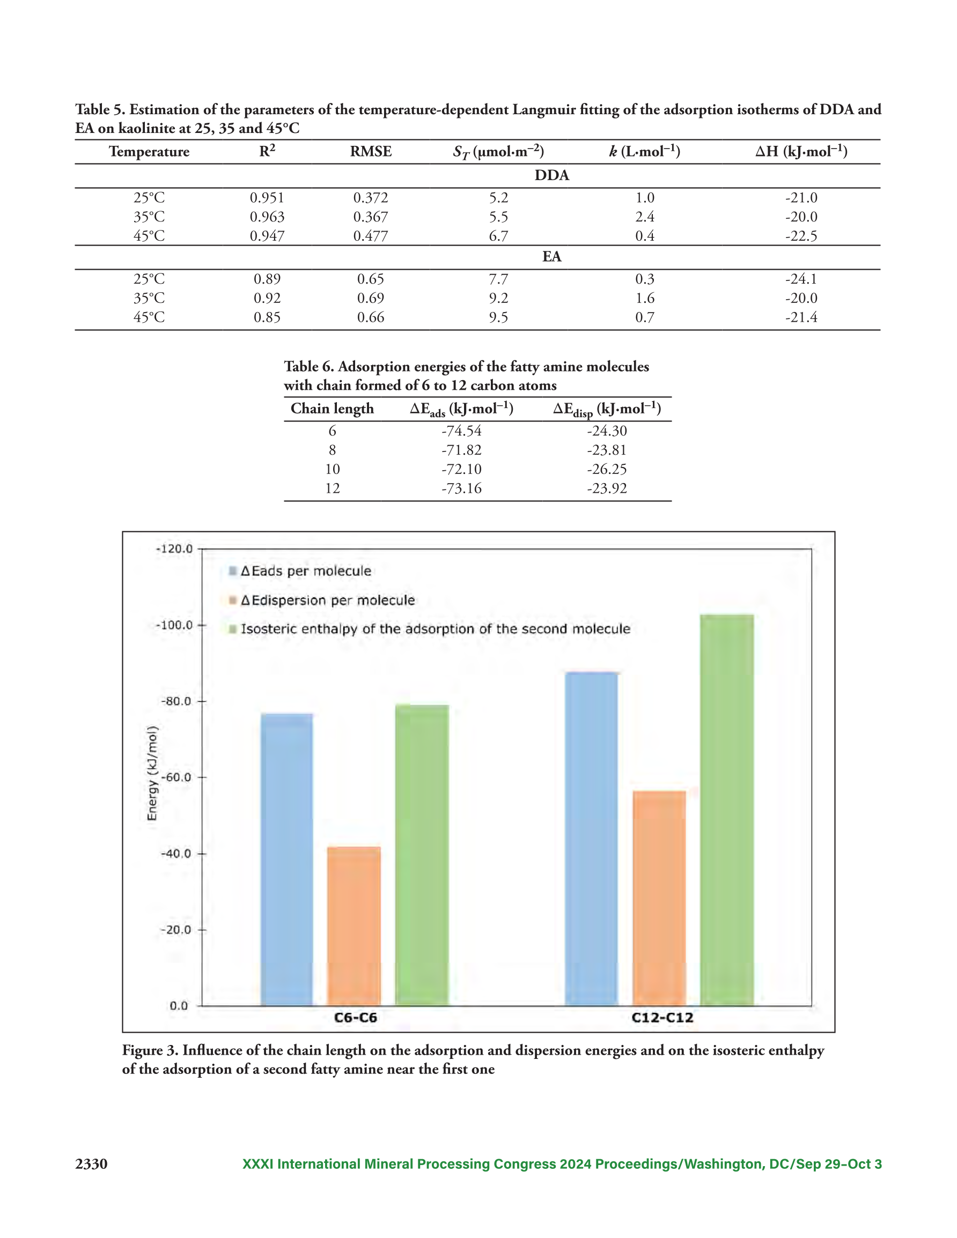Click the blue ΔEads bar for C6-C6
[x=286, y=860]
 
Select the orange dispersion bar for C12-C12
[x=659, y=899]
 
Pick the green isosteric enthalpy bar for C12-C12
[x=727, y=811]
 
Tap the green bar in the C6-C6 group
[x=422, y=855]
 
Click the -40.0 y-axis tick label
[x=176, y=854]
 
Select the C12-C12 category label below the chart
[x=662, y=1018]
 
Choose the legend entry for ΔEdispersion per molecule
[x=322, y=601]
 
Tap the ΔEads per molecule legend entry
[x=300, y=571]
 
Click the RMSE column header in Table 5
[x=371, y=151]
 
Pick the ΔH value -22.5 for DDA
[x=801, y=236]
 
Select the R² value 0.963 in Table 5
[x=267, y=217]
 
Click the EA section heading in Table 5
[x=552, y=256]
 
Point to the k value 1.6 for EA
[x=644, y=298]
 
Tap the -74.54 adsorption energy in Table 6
[x=461, y=431]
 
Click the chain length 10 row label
[x=333, y=469]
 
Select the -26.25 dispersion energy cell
[x=607, y=469]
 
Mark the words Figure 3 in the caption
[x=150, y=1050]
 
